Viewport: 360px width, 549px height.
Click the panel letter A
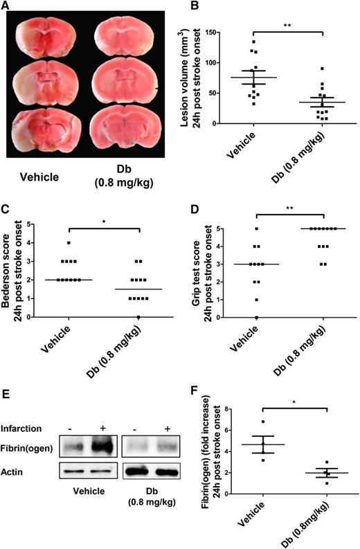(9, 8)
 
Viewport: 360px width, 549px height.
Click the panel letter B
(193, 8)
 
